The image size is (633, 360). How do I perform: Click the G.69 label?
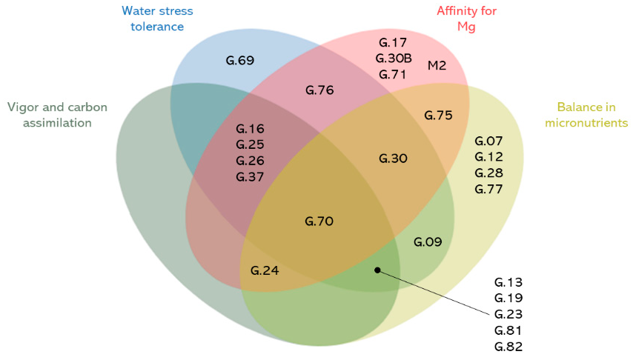[240, 60]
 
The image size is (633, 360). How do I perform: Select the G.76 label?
[319, 90]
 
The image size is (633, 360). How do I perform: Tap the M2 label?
[437, 66]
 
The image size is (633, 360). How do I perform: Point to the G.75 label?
[437, 115]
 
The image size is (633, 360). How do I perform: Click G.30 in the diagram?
[393, 158]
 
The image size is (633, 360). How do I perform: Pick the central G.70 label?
[319, 221]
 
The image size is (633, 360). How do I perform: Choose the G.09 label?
[428, 241]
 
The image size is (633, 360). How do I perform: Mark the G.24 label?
[265, 270]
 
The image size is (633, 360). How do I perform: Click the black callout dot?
[377, 270]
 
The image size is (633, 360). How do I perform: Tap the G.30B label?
[394, 58]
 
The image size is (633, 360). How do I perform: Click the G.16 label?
[250, 128]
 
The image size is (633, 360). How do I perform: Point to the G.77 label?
[488, 189]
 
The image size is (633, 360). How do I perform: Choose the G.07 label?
[488, 141]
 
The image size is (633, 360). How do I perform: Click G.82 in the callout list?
[508, 346]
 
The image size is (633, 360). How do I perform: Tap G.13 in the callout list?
[508, 282]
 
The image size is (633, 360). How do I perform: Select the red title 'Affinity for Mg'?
[466, 19]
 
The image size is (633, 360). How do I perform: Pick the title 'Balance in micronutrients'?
[586, 114]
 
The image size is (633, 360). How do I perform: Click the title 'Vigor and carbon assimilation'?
[57, 115]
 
